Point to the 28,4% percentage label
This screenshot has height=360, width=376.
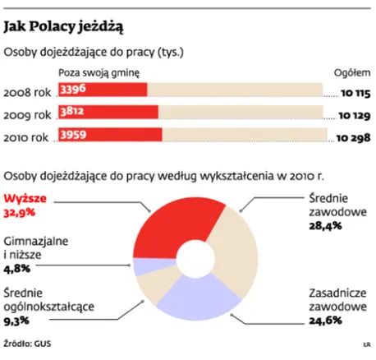point(326,226)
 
